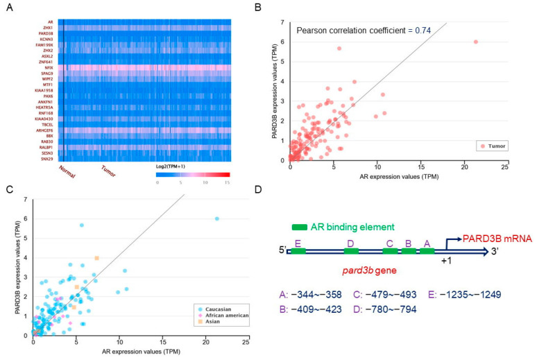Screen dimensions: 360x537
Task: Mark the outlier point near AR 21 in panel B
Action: click(475, 42)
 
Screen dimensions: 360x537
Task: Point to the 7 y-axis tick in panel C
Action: click(26, 200)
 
